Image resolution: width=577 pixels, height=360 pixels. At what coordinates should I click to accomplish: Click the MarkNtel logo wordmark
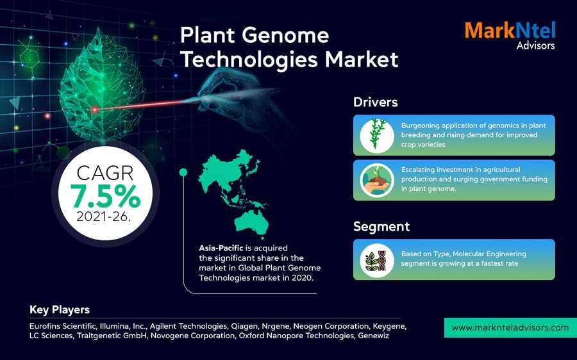point(510,30)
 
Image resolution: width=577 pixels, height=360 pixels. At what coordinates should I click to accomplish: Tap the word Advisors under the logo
point(535,45)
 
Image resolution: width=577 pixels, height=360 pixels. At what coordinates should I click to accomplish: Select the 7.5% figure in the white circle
point(106,197)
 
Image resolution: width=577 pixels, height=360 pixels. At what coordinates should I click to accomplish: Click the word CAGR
point(105,173)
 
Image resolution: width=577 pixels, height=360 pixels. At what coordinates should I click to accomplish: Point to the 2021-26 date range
point(103,217)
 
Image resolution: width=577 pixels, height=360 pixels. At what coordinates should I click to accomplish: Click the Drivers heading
point(375,102)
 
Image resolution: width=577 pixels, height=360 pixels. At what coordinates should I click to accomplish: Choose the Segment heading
point(381,227)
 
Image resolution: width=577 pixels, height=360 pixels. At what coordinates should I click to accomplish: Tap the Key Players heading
point(60,310)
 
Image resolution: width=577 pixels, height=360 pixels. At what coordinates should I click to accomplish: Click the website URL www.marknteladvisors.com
point(510,327)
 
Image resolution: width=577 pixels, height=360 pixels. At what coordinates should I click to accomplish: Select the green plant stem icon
point(377,135)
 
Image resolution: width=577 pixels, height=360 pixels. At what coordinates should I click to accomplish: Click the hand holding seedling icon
point(377,181)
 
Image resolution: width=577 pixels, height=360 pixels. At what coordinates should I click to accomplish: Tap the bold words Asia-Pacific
point(221,248)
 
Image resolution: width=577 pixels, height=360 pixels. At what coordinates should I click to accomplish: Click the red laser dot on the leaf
point(95,110)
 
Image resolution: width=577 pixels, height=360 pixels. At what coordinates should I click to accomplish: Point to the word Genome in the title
point(285,36)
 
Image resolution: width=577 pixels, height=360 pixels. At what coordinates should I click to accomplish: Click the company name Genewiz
point(373,336)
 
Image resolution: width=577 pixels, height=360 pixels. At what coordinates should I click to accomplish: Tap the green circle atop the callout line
point(183,172)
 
